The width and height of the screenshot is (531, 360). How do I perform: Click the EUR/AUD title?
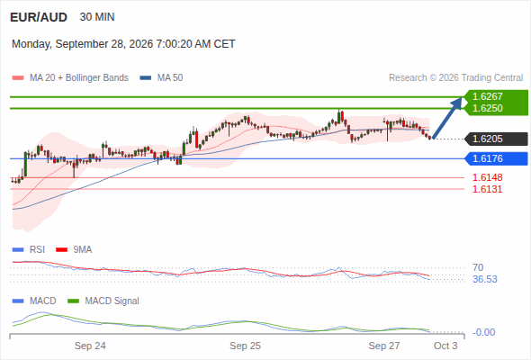coord(39,17)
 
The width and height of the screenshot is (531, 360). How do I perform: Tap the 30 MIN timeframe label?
coord(97,17)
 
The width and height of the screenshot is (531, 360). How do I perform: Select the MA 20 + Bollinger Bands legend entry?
coord(70,78)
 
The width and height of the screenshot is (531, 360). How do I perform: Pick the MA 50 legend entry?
coord(161,78)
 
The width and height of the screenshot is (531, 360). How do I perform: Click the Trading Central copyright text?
coord(455,78)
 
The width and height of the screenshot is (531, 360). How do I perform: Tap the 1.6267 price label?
coord(487,96)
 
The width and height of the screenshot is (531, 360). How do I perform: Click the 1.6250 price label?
coord(487,108)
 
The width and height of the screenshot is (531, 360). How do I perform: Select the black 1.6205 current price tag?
coord(496,139)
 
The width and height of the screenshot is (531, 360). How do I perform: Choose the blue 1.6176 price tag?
coord(496,158)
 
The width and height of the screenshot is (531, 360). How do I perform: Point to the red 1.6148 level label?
coord(487,177)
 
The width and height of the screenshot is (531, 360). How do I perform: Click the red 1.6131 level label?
coord(487,189)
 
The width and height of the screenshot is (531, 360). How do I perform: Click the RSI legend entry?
coord(29,249)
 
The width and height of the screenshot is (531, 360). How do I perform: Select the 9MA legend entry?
coord(74,249)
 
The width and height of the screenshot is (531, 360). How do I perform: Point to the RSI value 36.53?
coord(485,279)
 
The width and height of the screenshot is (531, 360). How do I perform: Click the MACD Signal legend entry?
coord(103,301)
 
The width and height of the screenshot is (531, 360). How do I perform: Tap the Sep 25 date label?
coord(245,346)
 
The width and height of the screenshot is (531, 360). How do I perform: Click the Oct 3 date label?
coord(445,346)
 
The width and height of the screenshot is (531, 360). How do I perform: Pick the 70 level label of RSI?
coord(478,267)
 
